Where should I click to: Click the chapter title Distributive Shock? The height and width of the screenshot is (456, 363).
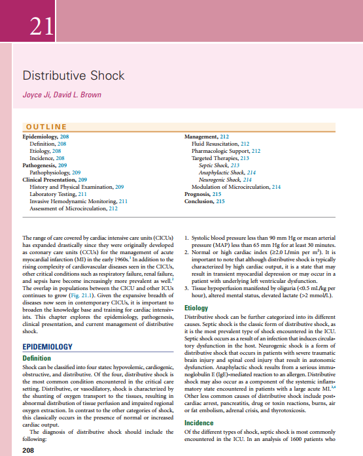tap(73, 76)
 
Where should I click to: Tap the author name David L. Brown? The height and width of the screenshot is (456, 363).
tap(84, 95)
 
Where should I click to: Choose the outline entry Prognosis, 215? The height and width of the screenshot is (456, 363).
tap(203, 194)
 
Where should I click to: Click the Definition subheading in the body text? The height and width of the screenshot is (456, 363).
tap(37, 359)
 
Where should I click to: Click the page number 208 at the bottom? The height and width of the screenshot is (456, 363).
tap(28, 451)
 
